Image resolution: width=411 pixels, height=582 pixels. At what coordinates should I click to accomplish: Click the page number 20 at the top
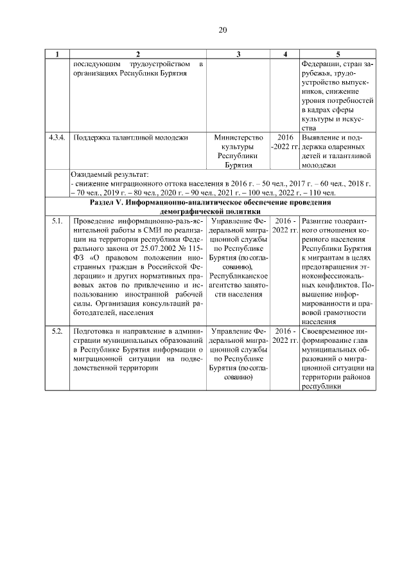click(223, 30)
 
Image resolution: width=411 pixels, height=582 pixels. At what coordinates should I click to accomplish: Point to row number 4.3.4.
click(57, 138)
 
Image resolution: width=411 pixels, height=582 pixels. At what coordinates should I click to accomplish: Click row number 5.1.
click(57, 222)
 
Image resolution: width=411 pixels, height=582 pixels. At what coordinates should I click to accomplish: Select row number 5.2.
click(57, 331)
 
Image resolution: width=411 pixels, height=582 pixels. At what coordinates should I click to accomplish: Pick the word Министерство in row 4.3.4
click(238, 138)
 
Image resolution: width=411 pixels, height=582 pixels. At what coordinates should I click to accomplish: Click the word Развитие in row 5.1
click(319, 222)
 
